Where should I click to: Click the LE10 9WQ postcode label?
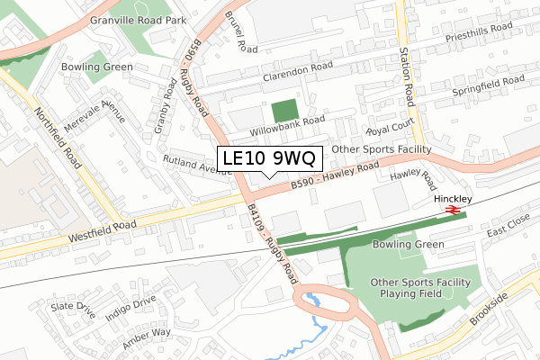(268, 158)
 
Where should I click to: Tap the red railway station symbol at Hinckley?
(452, 211)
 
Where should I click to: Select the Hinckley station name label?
(453, 197)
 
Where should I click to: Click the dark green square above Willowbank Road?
(285, 112)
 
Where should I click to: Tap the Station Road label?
(408, 79)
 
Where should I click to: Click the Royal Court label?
(388, 129)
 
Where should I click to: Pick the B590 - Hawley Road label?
(334, 175)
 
